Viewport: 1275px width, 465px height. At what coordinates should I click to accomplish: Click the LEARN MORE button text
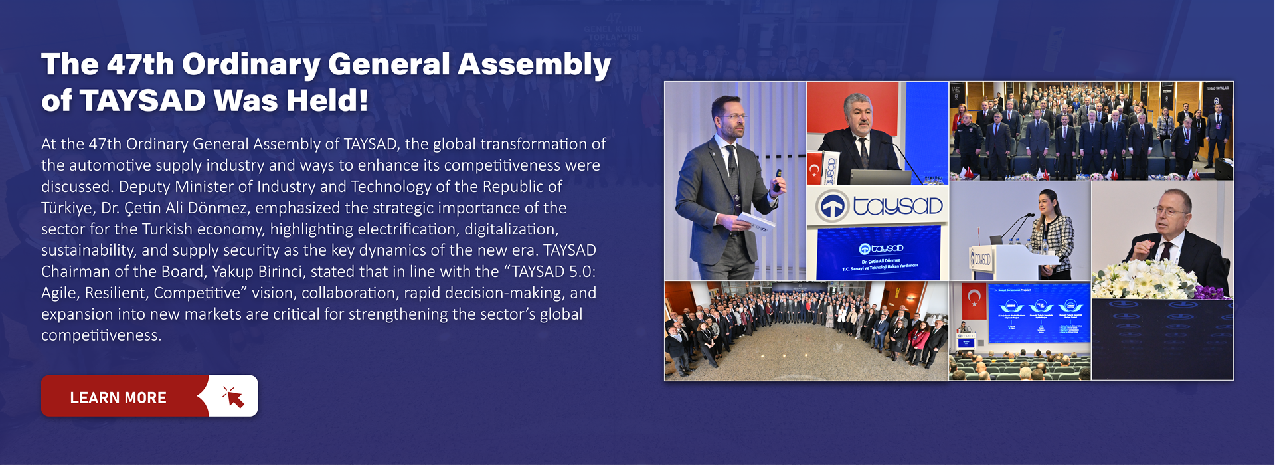pyautogui.click(x=118, y=398)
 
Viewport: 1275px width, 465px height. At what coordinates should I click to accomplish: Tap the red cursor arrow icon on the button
pyautogui.click(x=233, y=397)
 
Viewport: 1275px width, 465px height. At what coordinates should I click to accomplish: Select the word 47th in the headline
pyautogui.click(x=140, y=64)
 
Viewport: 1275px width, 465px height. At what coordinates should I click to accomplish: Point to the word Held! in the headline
pyautogui.click(x=327, y=101)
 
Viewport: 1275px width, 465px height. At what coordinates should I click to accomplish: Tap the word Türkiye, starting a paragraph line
pyautogui.click(x=68, y=208)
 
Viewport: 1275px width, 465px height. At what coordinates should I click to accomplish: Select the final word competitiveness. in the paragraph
pyautogui.click(x=101, y=335)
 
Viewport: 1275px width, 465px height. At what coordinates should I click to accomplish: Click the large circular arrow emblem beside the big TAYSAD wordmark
pyautogui.click(x=833, y=207)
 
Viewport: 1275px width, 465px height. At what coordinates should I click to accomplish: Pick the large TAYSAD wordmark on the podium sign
pyautogui.click(x=898, y=207)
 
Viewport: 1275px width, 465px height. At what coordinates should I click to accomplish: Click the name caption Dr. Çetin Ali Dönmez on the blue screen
pyautogui.click(x=881, y=261)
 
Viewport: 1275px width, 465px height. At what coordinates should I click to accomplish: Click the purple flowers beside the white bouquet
pyautogui.click(x=1209, y=291)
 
